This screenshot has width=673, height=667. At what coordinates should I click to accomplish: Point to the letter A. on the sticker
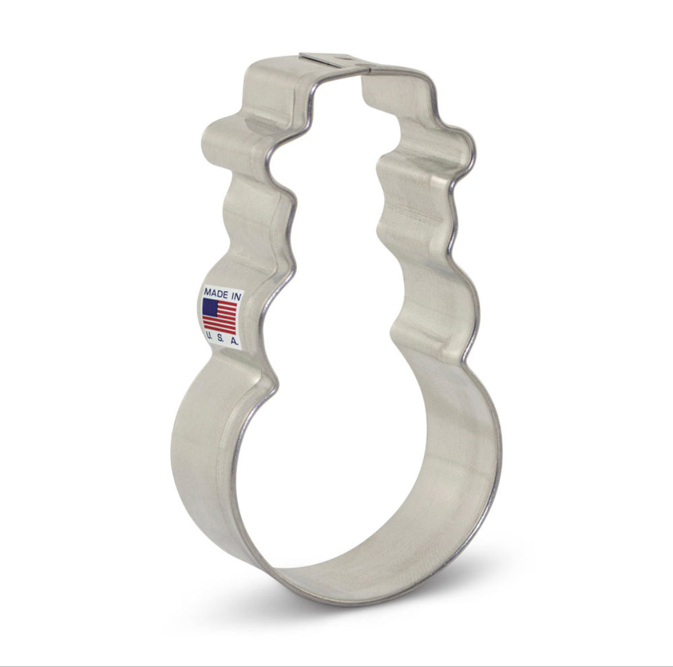[x=234, y=342]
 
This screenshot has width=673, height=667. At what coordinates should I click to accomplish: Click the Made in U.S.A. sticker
[x=221, y=318]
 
